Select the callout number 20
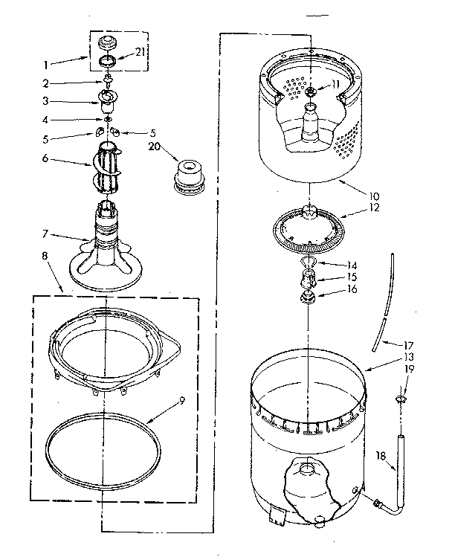pyautogui.click(x=154, y=146)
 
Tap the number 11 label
pyautogui.click(x=335, y=83)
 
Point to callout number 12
pyautogui.click(x=373, y=207)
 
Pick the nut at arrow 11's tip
pyautogui.click(x=310, y=91)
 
